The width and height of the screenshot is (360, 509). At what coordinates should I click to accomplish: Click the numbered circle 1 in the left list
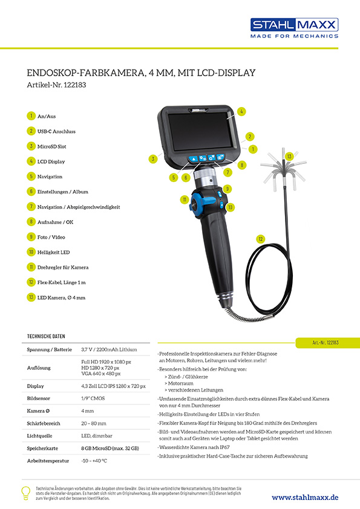31,116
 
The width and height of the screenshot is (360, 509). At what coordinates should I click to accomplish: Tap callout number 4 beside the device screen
241,111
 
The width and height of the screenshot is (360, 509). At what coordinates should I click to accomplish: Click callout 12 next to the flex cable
261,239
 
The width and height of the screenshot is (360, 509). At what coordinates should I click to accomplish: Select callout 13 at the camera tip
290,157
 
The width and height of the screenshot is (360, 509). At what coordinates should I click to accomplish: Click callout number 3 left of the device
154,159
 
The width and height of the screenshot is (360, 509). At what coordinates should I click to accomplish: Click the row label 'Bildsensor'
39,399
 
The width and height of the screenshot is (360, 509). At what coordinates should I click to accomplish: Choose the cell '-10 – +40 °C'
94,461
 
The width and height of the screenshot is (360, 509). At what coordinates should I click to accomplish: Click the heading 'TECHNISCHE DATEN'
47,336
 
